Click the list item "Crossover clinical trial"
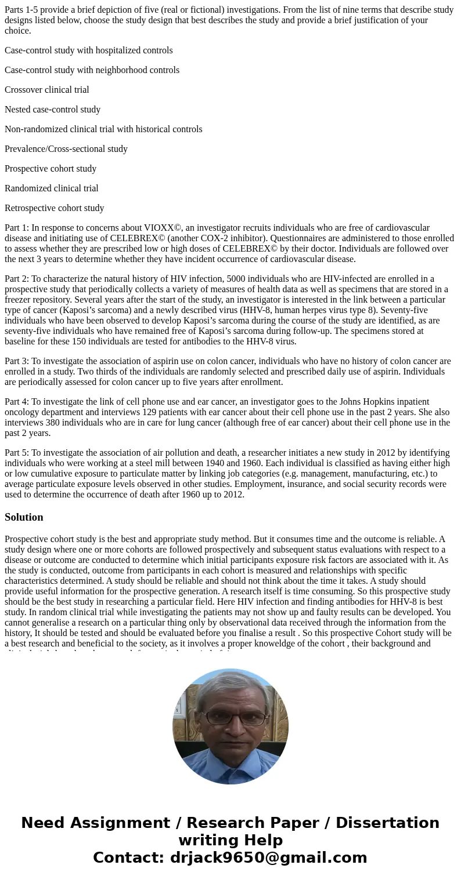click(x=46, y=90)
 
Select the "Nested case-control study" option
click(x=52, y=110)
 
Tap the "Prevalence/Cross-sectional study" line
click(x=66, y=149)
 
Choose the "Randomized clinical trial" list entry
click(x=51, y=188)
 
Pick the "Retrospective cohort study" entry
click(x=54, y=208)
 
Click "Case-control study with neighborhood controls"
click(x=92, y=70)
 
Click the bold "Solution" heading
click(x=24, y=517)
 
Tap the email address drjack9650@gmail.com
click(x=268, y=858)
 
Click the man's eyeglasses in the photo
click(x=232, y=718)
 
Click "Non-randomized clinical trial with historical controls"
click(x=103, y=129)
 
